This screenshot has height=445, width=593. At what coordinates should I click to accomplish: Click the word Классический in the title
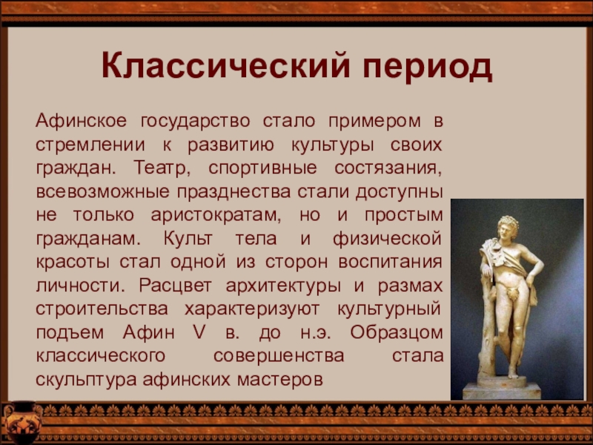pos(226,67)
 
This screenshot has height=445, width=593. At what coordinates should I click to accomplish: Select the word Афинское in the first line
pos(82,121)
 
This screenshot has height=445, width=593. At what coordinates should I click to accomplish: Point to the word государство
pos(195,122)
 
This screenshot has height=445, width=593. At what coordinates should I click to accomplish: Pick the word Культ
pos(188,239)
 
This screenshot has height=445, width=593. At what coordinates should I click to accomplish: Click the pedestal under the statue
pos(502,389)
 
